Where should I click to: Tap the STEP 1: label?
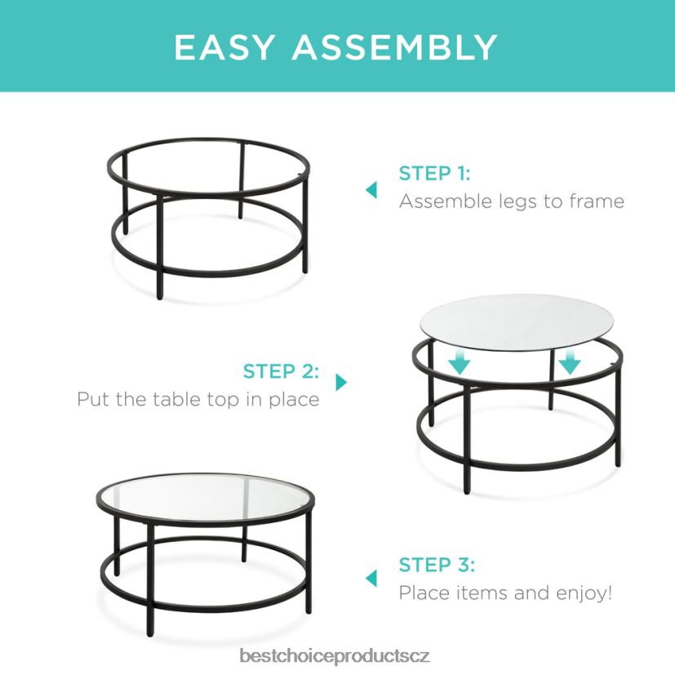tap(435, 174)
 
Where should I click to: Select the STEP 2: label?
tap(281, 371)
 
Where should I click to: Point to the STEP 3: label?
tap(437, 565)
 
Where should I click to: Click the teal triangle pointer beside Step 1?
tap(371, 190)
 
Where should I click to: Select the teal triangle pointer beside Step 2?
tap(341, 382)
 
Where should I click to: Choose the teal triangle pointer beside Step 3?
tap(371, 578)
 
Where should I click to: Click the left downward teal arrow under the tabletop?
tap(460, 362)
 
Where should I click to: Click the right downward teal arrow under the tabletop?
tap(570, 362)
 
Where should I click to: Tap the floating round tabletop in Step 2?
tap(517, 322)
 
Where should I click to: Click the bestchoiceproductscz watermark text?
tap(335, 656)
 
